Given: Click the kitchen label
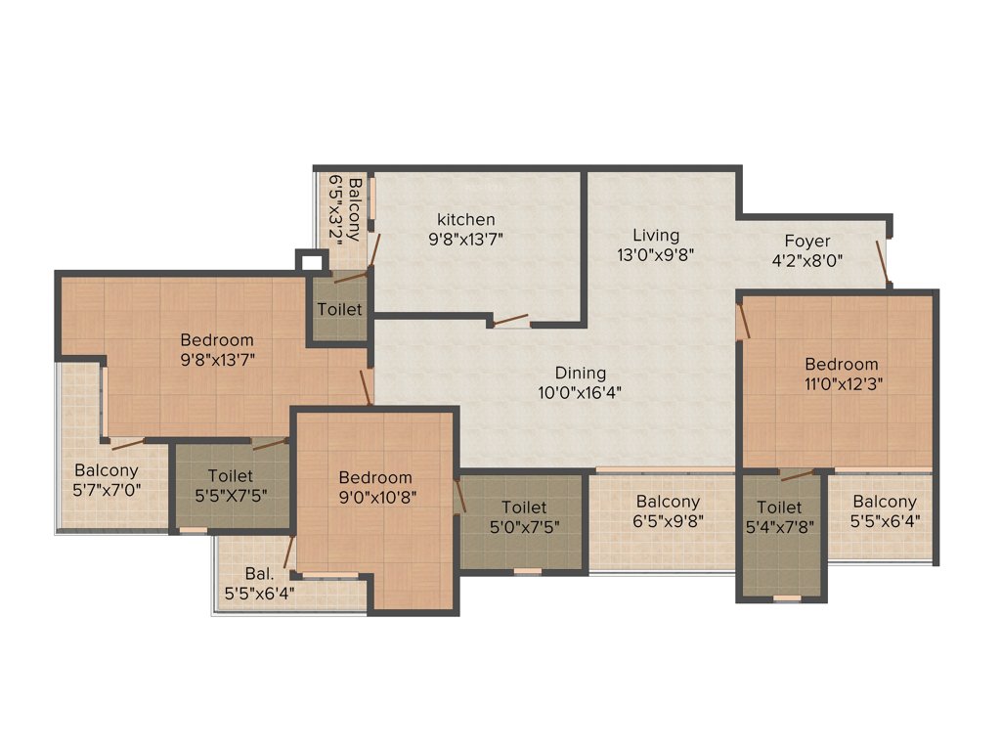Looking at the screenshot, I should [465, 219].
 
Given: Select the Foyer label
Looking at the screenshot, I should [806, 241].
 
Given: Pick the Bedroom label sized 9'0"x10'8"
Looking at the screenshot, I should [375, 477].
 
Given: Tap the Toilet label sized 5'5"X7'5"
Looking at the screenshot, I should [230, 475].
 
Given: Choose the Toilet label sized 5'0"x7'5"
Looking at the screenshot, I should [524, 507].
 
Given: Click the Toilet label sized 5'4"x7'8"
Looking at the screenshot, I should [779, 508].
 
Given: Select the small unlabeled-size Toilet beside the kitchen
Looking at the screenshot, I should [339, 309].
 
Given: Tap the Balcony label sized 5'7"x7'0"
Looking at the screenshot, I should [107, 470].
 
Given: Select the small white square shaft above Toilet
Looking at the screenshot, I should [311, 262].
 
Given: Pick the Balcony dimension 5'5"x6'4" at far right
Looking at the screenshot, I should [884, 520].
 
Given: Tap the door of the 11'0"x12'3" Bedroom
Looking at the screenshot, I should [742, 321].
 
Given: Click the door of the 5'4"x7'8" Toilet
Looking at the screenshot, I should [797, 475].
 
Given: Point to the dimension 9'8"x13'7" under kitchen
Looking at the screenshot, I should [465, 237].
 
